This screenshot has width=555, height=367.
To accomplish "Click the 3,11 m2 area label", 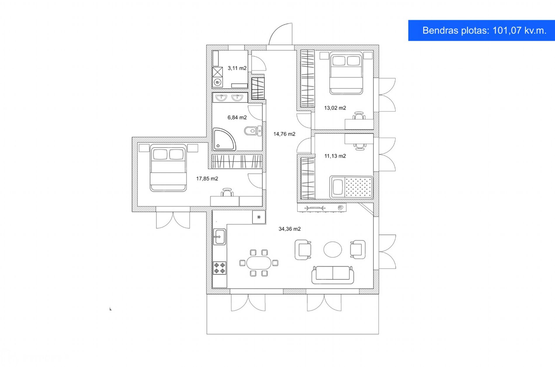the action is (x=237, y=68).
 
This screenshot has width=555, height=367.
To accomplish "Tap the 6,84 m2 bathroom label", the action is (x=237, y=118).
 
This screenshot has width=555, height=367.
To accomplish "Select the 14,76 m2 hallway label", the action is (x=284, y=134).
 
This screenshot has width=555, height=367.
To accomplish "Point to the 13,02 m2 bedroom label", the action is (x=335, y=108).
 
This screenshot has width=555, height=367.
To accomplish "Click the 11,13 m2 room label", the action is (x=335, y=156).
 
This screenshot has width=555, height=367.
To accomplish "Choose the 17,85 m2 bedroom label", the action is (x=207, y=179).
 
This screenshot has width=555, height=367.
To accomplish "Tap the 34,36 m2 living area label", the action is (x=289, y=229).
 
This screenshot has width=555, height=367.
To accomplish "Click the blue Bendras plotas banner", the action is (x=481, y=30).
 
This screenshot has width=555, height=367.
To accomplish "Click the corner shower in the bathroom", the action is (x=224, y=139).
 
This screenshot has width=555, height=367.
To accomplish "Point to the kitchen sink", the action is (x=219, y=237).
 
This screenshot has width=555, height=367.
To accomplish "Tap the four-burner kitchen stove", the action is (x=219, y=268).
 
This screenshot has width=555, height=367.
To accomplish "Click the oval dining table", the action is (x=259, y=263).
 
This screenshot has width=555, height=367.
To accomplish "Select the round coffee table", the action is (x=332, y=249).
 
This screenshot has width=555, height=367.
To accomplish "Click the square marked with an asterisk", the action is (x=259, y=217).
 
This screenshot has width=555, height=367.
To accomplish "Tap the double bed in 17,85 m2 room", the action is (x=168, y=168).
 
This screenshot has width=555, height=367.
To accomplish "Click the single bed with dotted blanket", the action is (x=351, y=187).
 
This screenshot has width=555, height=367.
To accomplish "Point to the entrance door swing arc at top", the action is (x=277, y=29).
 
